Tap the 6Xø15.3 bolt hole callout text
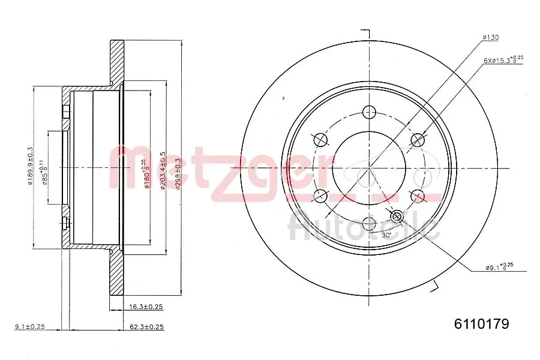(x=503, y=60)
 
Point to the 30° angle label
(x=386, y=235)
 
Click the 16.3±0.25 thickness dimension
(x=146, y=307)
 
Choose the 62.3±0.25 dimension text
(x=146, y=327)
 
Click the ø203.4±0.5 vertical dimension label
(x=163, y=171)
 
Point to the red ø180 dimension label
(x=145, y=174)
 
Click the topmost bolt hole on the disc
(x=369, y=112)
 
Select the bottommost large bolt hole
(x=369, y=224)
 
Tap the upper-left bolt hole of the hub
(x=321, y=140)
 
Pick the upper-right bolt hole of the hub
(x=417, y=140)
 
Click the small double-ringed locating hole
(x=397, y=215)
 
